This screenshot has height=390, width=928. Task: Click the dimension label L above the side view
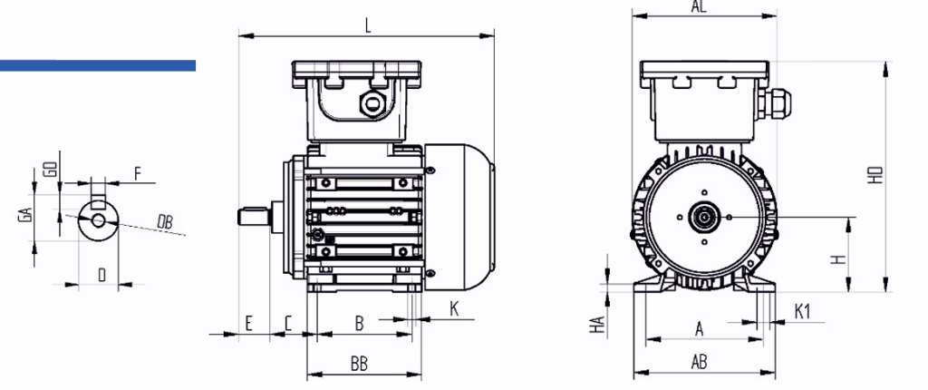(x=368, y=26)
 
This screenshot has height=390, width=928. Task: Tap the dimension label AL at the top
(x=700, y=6)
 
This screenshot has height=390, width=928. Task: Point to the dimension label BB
(x=359, y=364)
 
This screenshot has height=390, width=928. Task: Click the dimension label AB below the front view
(x=699, y=362)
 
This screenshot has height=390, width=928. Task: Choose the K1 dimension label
(x=802, y=311)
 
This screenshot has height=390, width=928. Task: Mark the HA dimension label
(x=599, y=324)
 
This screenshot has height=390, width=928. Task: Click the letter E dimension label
(x=249, y=323)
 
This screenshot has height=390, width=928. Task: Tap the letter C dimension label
(x=288, y=324)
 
